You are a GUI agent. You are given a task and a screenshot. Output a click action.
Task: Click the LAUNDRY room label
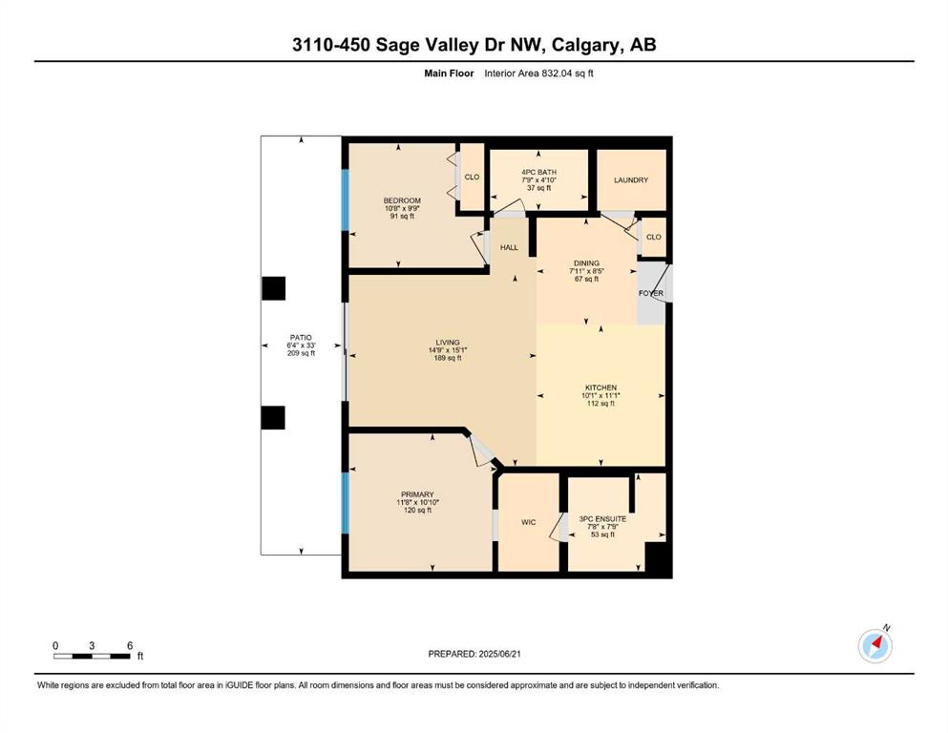coord(631,180)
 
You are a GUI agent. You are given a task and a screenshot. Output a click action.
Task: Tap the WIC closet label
coord(528,522)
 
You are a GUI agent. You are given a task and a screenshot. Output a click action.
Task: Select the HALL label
coord(509,247)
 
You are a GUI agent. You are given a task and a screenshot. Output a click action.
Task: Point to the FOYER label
coord(651,293)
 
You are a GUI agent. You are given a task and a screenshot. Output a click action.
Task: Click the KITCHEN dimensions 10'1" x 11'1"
coord(600,396)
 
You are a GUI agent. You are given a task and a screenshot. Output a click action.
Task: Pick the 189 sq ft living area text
coord(448,358)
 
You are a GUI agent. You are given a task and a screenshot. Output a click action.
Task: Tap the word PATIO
coord(301,338)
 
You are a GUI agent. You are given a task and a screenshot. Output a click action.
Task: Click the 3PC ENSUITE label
coord(602,518)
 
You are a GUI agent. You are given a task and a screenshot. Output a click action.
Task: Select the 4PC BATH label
coord(538,172)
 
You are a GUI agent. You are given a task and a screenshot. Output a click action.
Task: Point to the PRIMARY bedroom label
coord(417,494)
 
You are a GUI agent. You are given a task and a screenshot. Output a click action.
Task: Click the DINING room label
coord(586,263)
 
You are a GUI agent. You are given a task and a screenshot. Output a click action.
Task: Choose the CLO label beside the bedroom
coord(472,178)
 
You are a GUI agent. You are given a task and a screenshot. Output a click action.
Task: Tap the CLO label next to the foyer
coord(654,237)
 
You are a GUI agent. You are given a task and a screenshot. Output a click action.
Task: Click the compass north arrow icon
coord(875,645)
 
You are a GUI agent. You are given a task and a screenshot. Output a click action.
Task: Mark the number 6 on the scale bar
coord(130,645)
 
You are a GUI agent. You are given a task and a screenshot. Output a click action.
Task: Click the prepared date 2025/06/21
coord(499,654)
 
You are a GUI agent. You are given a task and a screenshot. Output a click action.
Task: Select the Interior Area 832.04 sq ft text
coord(538,73)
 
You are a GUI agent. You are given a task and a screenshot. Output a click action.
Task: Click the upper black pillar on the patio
coord(273,288)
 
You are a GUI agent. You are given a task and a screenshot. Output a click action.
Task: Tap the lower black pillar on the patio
coord(273,418)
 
